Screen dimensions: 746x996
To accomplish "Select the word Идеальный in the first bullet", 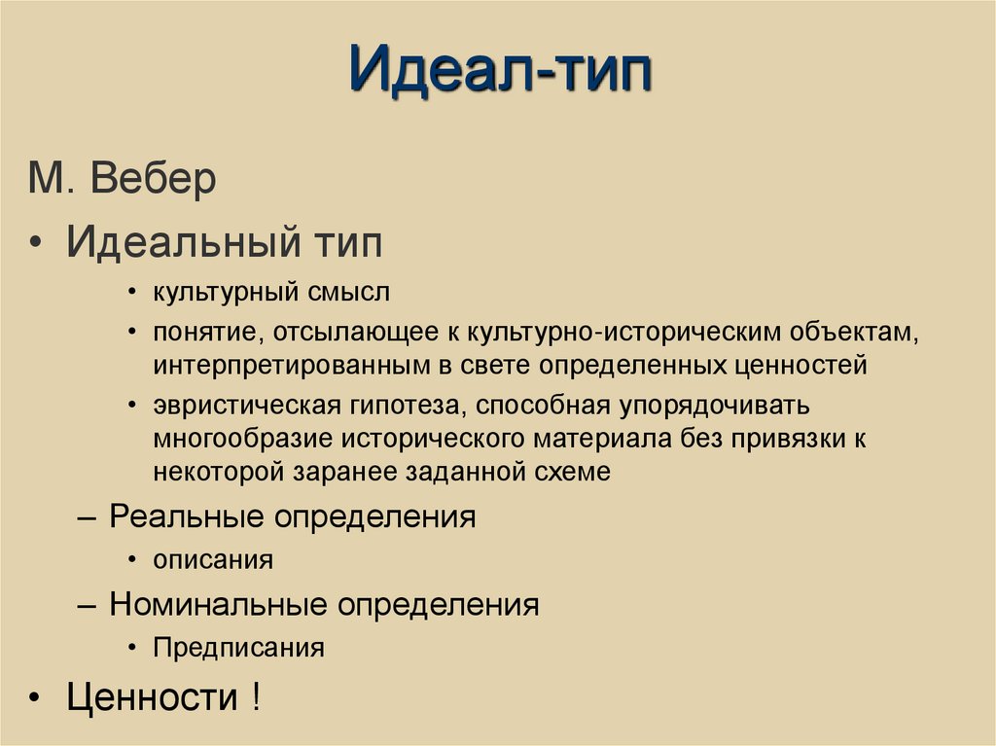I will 169,242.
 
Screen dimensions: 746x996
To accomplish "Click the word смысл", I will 347,291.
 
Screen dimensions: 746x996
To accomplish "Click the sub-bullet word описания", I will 212,560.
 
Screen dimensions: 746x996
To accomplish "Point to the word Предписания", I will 237,648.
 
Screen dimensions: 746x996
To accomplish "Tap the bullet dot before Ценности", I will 35,699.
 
